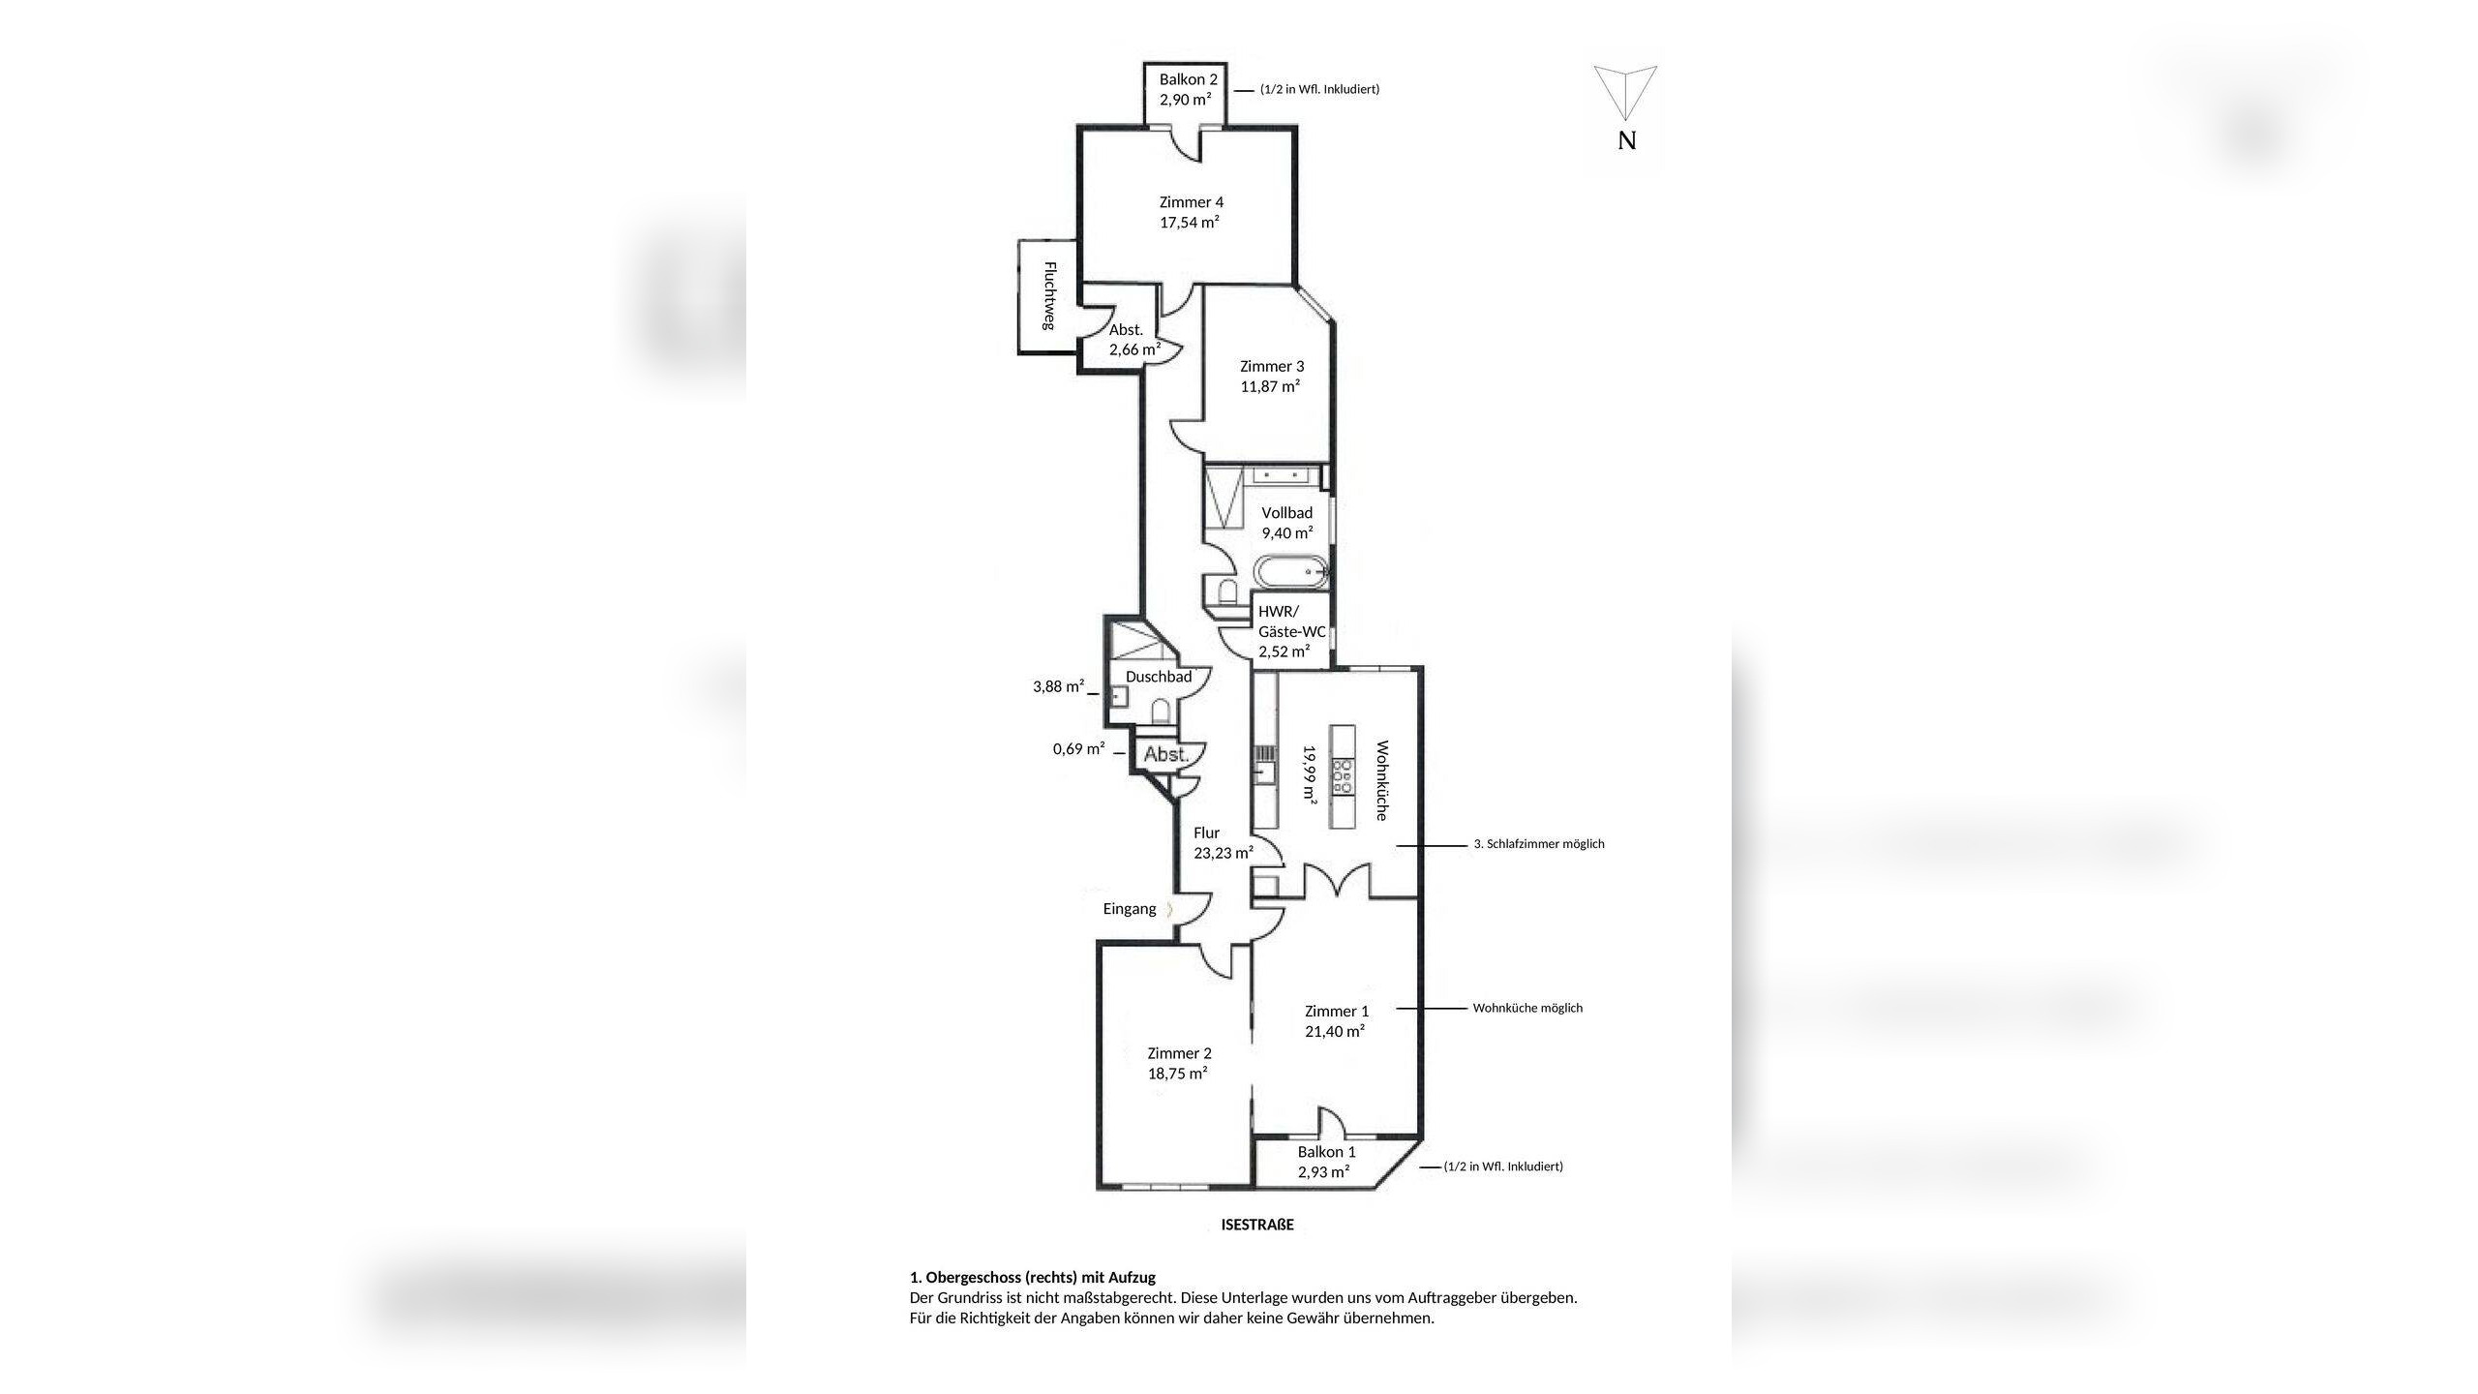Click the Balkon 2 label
pyautogui.click(x=1188, y=79)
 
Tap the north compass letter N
pyautogui.click(x=1627, y=140)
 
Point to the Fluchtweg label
pyautogui.click(x=1048, y=295)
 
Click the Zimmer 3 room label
pyautogui.click(x=1272, y=366)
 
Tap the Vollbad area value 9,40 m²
pyautogui.click(x=1287, y=532)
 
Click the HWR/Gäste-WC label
pyautogui.click(x=1291, y=621)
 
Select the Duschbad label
pyautogui.click(x=1159, y=677)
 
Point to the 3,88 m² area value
pyautogui.click(x=1059, y=686)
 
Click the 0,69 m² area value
pyautogui.click(x=1079, y=748)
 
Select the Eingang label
pyautogui.click(x=1130, y=909)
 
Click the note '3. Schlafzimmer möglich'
pyautogui.click(x=1539, y=844)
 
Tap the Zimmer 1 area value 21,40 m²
pyautogui.click(x=1335, y=1032)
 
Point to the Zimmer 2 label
pyautogui.click(x=1179, y=1053)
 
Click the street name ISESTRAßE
pyautogui.click(x=1257, y=1225)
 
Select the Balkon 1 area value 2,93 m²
pyautogui.click(x=1324, y=1172)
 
